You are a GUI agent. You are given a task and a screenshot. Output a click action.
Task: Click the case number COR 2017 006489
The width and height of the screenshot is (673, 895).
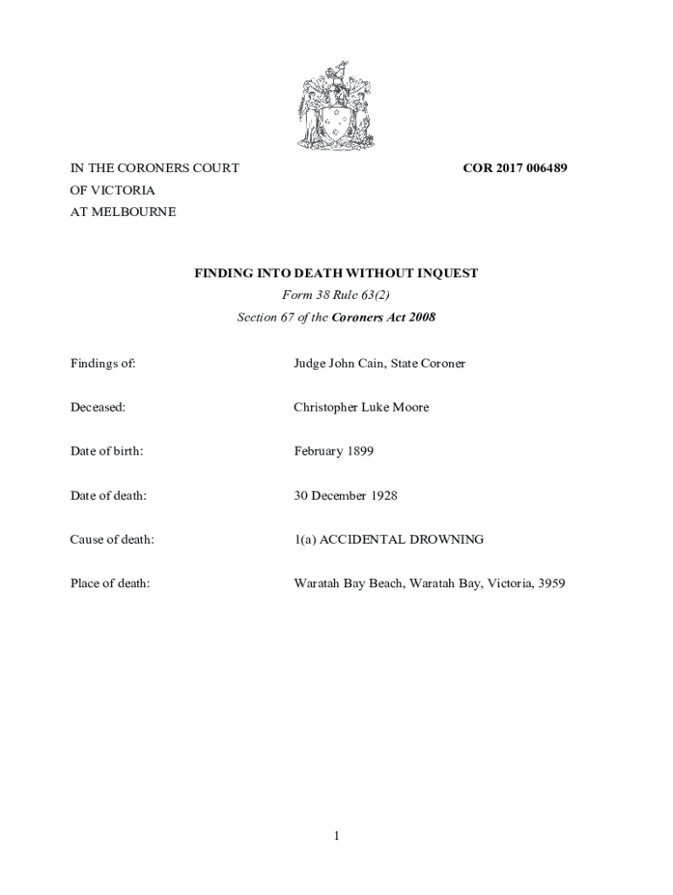point(515,168)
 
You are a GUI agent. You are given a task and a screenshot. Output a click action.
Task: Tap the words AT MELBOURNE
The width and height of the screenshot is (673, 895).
point(122,212)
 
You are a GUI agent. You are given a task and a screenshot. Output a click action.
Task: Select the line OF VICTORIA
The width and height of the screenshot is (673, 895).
point(113,190)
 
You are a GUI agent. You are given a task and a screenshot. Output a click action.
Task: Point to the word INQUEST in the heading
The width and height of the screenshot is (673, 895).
point(446,274)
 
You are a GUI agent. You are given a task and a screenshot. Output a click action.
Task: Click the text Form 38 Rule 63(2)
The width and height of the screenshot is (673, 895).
point(336,295)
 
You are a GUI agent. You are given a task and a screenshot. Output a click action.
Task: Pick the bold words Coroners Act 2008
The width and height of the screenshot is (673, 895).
point(384,317)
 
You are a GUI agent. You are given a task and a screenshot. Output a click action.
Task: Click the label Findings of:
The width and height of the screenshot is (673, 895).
point(102,363)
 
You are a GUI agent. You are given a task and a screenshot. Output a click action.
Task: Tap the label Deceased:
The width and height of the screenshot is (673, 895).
point(98,407)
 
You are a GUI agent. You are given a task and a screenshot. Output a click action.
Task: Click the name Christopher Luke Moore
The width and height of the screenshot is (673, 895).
point(361,407)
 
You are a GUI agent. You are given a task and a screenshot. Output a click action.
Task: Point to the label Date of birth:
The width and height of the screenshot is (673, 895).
point(107,451)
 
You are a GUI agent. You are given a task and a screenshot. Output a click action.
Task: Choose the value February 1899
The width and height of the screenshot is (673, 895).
point(333,451)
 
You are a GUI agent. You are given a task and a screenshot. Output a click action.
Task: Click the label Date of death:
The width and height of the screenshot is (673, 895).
point(108,496)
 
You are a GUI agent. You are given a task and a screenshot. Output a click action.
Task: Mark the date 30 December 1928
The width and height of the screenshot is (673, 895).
point(345,496)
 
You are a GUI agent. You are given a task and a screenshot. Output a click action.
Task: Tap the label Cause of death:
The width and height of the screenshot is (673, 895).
point(112,539)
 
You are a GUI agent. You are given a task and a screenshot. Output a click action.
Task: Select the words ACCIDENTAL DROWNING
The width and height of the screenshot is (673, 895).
point(401,539)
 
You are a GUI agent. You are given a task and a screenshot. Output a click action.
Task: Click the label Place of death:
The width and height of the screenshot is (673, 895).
point(110,583)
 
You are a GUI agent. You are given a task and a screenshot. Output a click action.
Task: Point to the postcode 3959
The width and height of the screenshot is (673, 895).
point(552,583)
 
